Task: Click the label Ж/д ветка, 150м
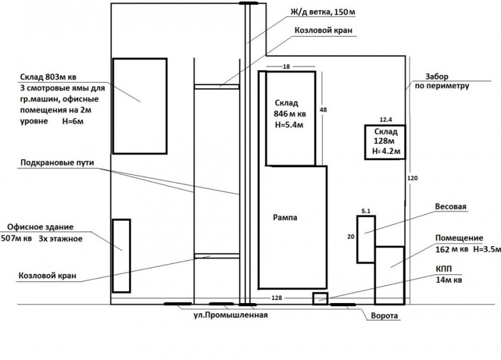[x=323, y=12]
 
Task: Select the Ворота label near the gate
[x=385, y=316]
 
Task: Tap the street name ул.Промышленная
[x=230, y=316]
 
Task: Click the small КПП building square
[x=320, y=299]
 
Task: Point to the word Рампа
[x=285, y=217]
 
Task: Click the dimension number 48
[x=323, y=110]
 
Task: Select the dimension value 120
[x=413, y=178]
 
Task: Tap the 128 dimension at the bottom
[x=277, y=298]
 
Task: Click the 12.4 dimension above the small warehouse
[x=386, y=120]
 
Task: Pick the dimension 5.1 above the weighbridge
[x=366, y=211]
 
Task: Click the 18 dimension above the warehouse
[x=286, y=66]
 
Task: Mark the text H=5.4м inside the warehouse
[x=289, y=125]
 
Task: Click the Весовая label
[x=451, y=207]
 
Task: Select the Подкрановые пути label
[x=57, y=163]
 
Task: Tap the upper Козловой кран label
[x=323, y=30]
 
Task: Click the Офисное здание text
[x=40, y=227]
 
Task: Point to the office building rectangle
[x=121, y=255]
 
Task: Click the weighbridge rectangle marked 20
[x=366, y=239]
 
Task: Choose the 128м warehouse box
[x=385, y=142]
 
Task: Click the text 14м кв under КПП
[x=449, y=280]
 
